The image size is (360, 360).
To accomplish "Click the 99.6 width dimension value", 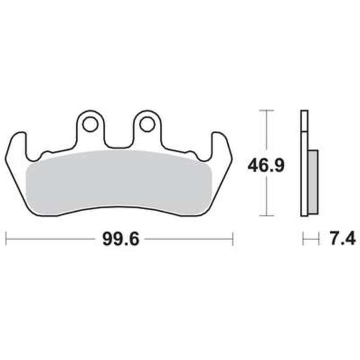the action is pyautogui.click(x=121, y=239).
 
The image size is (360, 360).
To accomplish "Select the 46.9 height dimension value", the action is pyautogui.click(x=266, y=165).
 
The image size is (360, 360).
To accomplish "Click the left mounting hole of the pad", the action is pyautogui.click(x=90, y=124).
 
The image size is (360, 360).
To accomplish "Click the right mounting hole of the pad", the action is pyautogui.click(x=147, y=124).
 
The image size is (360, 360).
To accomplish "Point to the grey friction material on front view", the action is pyautogui.click(x=119, y=182).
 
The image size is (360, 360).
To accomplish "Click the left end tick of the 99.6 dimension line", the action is pyautogui.click(x=6, y=239).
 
